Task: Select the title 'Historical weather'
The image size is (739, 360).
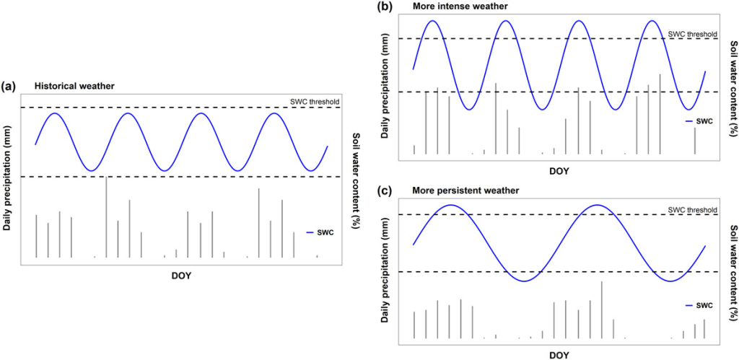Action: pyautogui.click(x=74, y=86)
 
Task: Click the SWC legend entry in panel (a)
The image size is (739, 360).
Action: pyautogui.click(x=323, y=232)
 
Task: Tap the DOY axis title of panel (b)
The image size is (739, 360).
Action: pyautogui.click(x=559, y=171)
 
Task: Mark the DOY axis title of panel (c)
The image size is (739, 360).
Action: pyautogui.click(x=559, y=355)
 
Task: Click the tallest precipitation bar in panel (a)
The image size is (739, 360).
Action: pyautogui.click(x=106, y=216)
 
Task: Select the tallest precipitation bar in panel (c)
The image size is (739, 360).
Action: pyautogui.click(x=601, y=309)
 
